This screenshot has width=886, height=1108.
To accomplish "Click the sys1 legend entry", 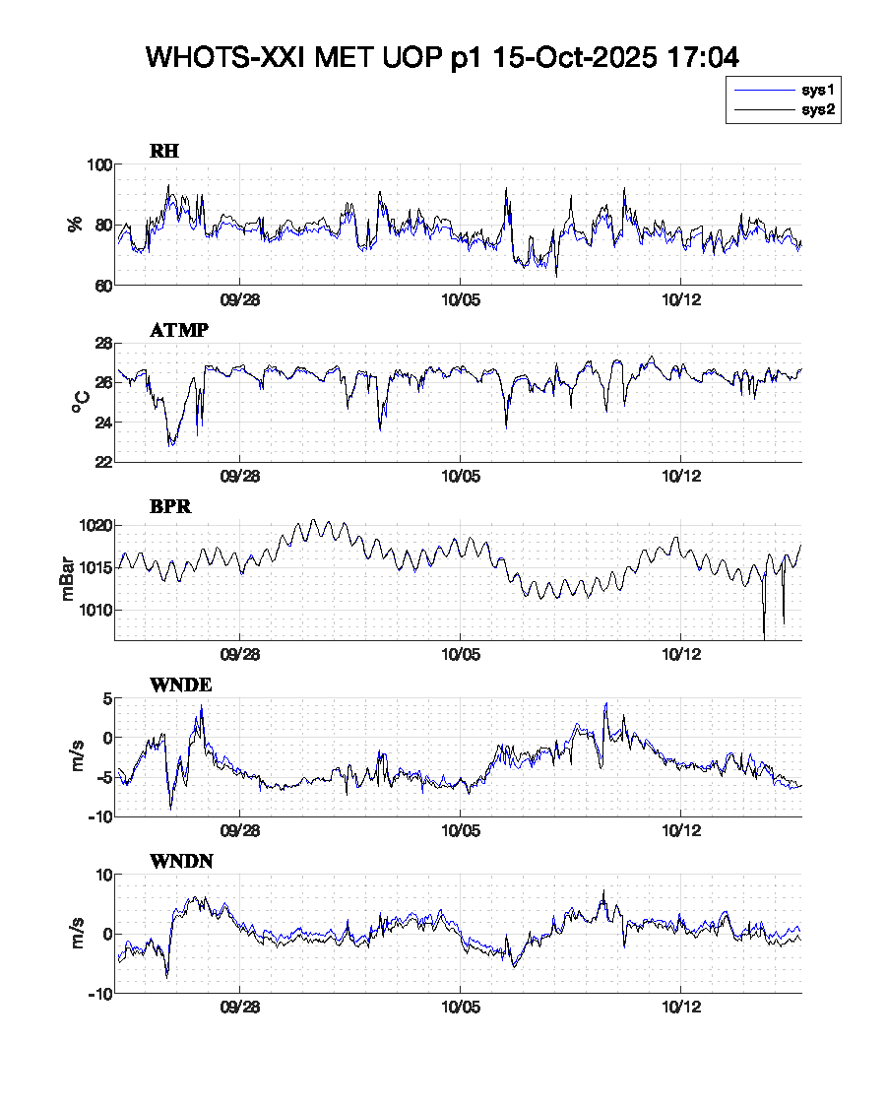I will (x=818, y=90).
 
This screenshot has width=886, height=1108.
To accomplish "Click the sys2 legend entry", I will (x=818, y=110).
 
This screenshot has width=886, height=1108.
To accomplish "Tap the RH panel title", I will (x=163, y=152).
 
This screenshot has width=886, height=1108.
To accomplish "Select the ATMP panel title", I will (x=178, y=330).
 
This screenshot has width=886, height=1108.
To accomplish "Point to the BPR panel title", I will (x=170, y=507).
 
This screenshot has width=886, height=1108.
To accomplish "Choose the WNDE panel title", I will (x=180, y=684).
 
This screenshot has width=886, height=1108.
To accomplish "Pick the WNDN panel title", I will (x=181, y=862).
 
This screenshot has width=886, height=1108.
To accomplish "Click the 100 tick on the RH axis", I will (x=99, y=164).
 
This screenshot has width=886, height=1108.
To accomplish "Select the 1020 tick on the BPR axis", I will (x=96, y=526).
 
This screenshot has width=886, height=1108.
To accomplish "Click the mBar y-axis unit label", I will (x=67, y=580).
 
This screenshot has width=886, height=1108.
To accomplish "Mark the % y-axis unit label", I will (x=75, y=225).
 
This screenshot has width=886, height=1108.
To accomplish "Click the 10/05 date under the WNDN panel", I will (x=460, y=1010).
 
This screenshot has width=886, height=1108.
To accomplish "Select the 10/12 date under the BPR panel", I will (x=680, y=655).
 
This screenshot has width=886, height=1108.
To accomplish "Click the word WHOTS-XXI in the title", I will (x=225, y=57).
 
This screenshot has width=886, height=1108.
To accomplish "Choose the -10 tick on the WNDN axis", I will (x=96, y=993).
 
